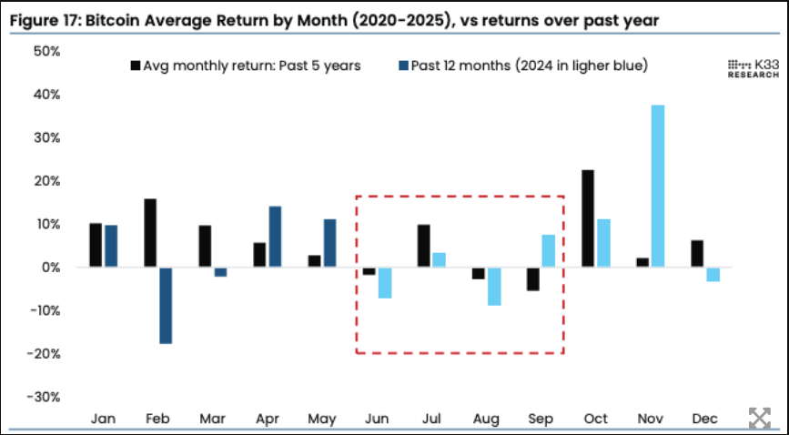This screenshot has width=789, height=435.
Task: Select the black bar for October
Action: click(588, 218)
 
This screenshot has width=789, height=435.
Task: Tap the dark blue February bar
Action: click(166, 305)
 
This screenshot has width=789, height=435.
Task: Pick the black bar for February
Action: click(150, 233)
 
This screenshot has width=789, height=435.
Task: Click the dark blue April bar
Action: click(275, 237)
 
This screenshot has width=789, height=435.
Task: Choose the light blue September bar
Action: click(548, 251)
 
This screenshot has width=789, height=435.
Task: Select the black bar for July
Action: click(424, 246)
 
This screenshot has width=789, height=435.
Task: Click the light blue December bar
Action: click(713, 274)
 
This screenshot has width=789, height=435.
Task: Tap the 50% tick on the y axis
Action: click(46, 52)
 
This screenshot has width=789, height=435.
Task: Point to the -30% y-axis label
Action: click(43, 397)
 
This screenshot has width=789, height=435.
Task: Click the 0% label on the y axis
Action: click(49, 268)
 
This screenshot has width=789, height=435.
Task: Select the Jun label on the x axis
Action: click(376, 419)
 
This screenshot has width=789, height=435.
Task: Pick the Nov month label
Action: click(650, 419)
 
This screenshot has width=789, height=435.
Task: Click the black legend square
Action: click(136, 66)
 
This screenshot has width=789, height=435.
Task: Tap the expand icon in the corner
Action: click(759, 418)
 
